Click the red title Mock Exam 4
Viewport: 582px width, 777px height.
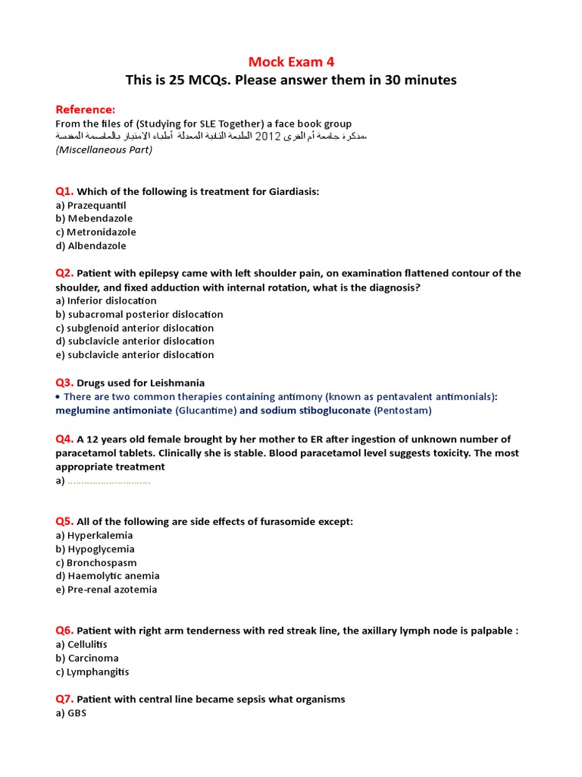(292, 61)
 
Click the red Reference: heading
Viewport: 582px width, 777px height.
(86, 109)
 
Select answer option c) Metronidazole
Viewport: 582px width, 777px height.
(95, 232)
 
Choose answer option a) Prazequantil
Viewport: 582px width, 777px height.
(90, 205)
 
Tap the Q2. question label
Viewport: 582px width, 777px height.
(64, 273)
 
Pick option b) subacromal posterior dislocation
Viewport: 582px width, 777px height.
(139, 314)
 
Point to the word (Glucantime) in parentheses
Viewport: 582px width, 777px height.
(205, 411)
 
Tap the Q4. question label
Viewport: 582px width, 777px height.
(64, 439)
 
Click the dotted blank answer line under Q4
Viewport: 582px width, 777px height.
(108, 481)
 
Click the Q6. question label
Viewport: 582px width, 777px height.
(64, 631)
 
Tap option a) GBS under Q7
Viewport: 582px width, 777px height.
(70, 713)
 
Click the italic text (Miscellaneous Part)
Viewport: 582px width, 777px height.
(104, 149)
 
